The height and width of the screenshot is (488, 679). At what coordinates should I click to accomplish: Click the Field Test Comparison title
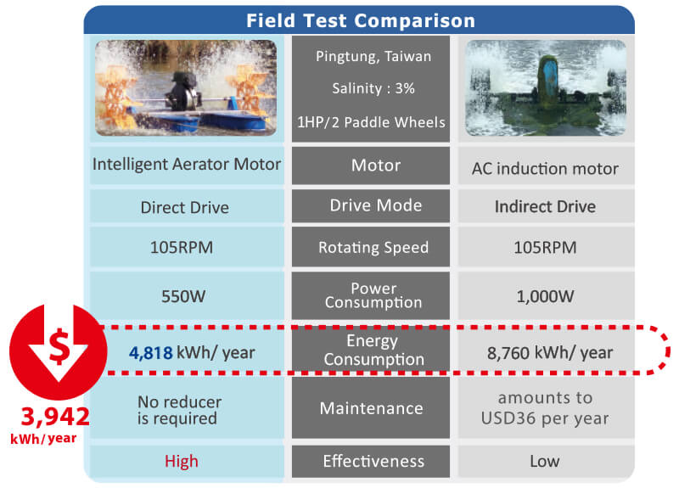point(360,20)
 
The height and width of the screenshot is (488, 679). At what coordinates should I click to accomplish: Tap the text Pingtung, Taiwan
point(373,56)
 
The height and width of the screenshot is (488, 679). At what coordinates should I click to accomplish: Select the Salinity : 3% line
point(373,88)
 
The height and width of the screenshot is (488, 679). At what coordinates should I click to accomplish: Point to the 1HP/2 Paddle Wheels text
point(371,122)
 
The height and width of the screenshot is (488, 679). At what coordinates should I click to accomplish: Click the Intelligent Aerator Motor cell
point(187,165)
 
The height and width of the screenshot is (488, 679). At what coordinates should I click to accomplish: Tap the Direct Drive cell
point(185,207)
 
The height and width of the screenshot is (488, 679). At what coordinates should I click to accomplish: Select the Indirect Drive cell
point(545,206)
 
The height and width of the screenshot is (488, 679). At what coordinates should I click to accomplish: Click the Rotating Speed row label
point(373,248)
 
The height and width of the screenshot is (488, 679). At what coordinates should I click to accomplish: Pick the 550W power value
point(183,296)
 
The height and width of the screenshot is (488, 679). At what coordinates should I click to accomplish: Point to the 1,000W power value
point(545,296)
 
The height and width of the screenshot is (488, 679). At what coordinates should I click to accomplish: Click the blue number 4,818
point(151,353)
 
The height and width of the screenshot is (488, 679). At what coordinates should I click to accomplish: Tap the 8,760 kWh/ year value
point(550,353)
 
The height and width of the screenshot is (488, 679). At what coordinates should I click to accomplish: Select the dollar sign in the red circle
point(59,346)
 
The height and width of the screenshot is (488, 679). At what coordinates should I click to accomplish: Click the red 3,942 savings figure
point(55,417)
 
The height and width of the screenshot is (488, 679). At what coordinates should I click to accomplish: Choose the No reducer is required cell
point(179,410)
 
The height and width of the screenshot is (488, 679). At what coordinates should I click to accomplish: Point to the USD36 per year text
point(545,418)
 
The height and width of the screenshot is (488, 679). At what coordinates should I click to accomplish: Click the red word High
point(182,461)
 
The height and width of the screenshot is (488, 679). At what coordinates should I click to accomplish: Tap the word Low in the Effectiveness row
point(545,461)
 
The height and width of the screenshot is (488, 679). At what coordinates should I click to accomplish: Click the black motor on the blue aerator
point(184,91)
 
